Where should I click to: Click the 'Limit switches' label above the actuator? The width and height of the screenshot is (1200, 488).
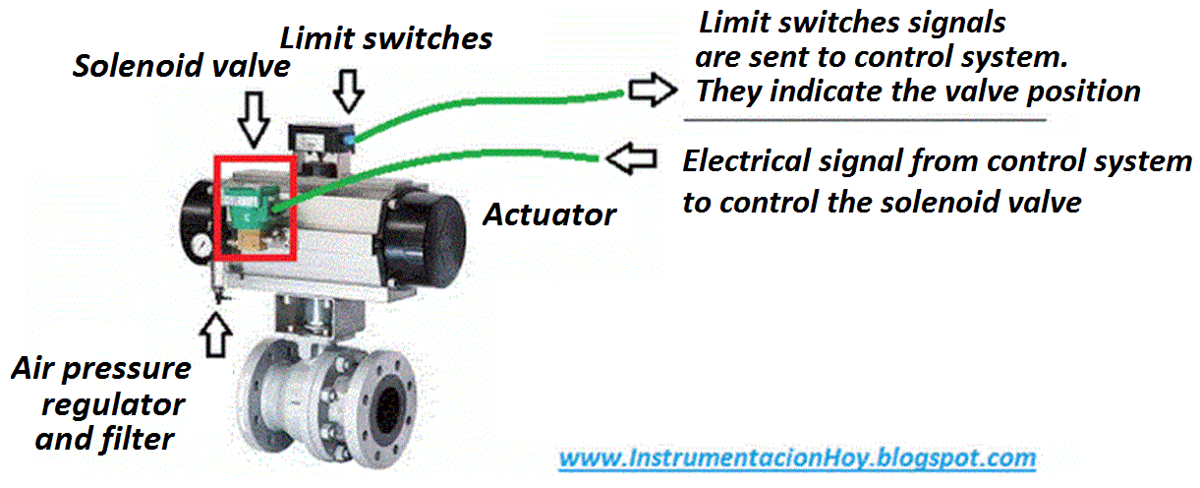[385, 39]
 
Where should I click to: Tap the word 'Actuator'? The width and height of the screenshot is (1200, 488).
[549, 213]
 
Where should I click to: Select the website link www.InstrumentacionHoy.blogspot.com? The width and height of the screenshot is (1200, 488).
[797, 457]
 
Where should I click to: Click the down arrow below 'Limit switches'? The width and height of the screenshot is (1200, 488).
[348, 91]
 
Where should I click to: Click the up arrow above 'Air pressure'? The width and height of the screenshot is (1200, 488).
[216, 334]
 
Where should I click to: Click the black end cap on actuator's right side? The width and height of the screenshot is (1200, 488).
[432, 225]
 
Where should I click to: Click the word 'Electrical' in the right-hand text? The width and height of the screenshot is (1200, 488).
[749, 161]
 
